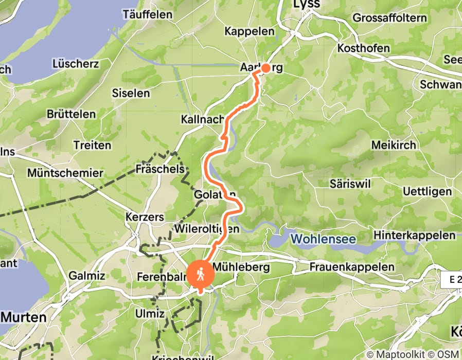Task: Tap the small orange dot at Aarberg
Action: (266, 68)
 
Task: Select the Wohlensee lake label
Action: (323, 239)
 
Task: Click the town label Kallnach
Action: (200, 119)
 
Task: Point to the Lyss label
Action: (306, 4)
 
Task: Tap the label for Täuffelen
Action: (147, 14)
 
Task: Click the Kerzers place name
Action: (144, 218)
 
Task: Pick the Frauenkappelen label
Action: (352, 267)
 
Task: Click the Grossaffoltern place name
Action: (389, 18)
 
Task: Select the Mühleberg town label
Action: (241, 267)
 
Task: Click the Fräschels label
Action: (159, 169)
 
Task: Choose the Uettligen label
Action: (428, 191)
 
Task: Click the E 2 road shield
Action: (451, 280)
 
